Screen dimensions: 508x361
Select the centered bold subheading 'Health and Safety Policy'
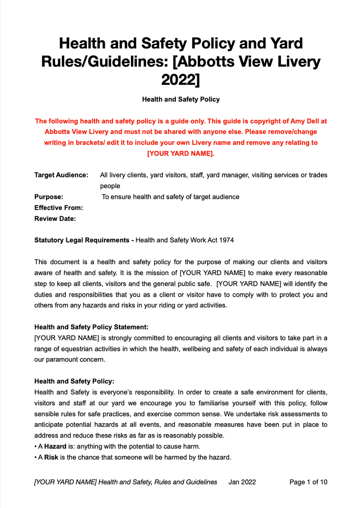180,99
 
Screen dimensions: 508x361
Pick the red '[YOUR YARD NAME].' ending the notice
180,154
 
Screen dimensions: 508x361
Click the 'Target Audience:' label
61,175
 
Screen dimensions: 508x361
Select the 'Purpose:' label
49,197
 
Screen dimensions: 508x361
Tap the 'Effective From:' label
59,208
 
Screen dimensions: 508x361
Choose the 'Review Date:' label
55,219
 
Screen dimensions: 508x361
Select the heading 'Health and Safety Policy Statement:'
91,326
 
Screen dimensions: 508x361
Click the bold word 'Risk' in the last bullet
51,457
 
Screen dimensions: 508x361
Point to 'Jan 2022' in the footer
242,482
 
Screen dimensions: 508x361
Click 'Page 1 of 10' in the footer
308,482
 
